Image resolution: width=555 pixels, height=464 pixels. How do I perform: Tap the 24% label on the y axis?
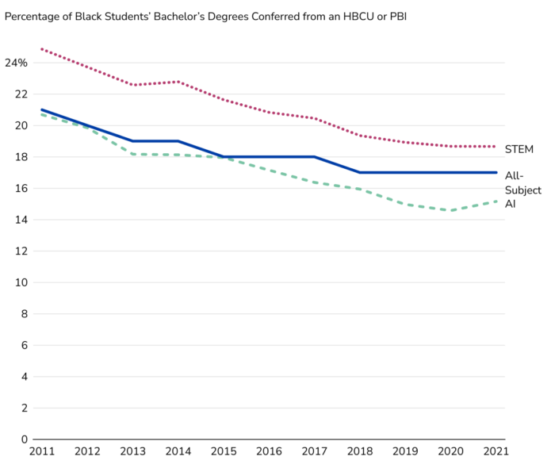(17, 63)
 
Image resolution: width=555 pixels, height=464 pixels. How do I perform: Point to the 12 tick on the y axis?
(21, 251)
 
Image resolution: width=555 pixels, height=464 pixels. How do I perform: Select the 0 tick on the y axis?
(25, 439)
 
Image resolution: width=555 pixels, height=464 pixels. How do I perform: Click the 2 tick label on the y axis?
(25, 408)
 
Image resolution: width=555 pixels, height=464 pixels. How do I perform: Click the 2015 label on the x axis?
(223, 452)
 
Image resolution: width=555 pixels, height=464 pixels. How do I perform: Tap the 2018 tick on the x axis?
(359, 452)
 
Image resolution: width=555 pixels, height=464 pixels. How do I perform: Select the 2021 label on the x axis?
(496, 452)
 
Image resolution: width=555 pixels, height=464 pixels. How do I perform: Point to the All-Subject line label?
(522, 183)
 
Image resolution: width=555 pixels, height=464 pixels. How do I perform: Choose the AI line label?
(511, 204)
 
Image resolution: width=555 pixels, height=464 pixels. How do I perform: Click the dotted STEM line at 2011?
(41, 49)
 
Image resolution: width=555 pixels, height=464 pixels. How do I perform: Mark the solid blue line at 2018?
(360, 172)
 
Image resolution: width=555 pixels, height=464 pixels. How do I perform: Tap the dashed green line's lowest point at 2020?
(451, 210)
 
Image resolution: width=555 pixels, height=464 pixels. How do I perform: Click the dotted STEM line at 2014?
(178, 82)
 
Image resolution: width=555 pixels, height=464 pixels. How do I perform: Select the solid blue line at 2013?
(132, 141)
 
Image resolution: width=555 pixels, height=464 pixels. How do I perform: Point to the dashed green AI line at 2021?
(496, 201)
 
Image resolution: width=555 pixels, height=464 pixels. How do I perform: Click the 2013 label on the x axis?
(132, 452)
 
